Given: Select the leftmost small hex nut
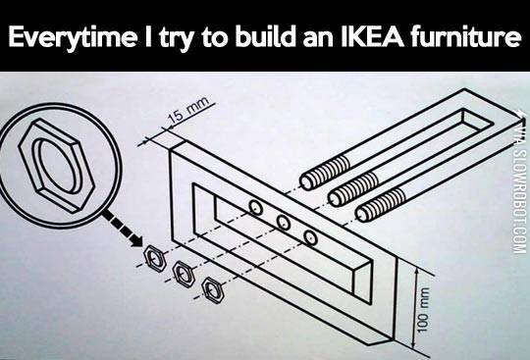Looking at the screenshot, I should [x=154, y=257].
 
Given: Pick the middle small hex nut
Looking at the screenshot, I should [x=183, y=271].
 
